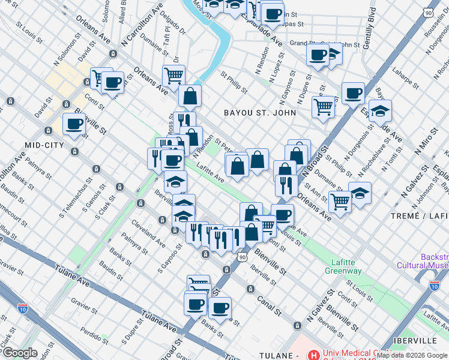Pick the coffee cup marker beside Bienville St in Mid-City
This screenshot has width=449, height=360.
(x=74, y=124)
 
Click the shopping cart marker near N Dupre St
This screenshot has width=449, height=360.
(x=323, y=107)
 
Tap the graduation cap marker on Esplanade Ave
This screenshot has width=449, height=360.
(x=380, y=111)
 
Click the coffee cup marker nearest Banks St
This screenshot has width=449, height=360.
(x=220, y=308)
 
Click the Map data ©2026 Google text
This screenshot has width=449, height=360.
(x=411, y=355)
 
